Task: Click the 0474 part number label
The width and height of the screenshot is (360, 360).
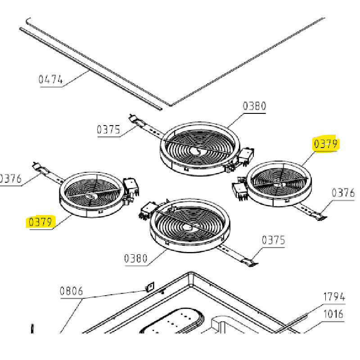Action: [x=50, y=80]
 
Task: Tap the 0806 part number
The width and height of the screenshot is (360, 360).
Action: [x=71, y=291]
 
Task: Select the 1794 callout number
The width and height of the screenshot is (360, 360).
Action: [x=334, y=297]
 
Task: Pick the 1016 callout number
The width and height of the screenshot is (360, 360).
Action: [x=333, y=314]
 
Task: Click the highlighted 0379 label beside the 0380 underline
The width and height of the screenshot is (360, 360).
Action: [x=40, y=222]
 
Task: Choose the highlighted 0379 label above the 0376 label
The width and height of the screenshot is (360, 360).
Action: [x=326, y=144]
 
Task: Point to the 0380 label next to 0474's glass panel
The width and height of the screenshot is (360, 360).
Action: [x=254, y=106]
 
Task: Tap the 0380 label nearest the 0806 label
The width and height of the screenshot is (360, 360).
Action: [x=136, y=258]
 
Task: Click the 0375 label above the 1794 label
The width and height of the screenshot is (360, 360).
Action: [x=273, y=240]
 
